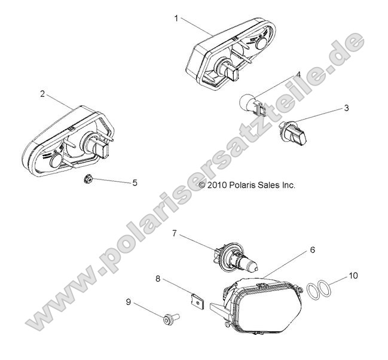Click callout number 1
pos(176,18)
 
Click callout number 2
pos(42,94)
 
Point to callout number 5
pos(135,182)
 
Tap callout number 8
pos(158,278)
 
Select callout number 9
pos(127,303)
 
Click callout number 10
pos(353,276)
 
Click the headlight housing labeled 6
pos(263,305)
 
